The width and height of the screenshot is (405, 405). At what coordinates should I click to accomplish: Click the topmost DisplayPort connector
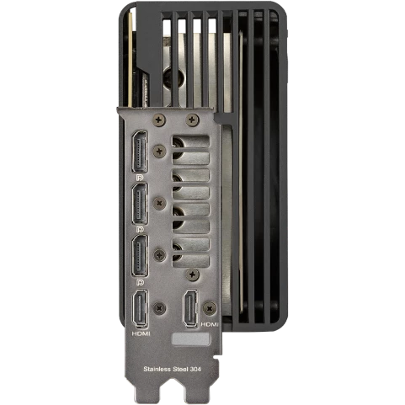pyautogui.click(x=140, y=152)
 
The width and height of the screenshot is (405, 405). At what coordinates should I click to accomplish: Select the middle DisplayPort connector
pyautogui.click(x=140, y=204)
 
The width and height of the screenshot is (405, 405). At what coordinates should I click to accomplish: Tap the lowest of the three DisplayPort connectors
pyautogui.click(x=140, y=256)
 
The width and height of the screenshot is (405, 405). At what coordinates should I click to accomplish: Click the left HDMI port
pyautogui.click(x=140, y=309)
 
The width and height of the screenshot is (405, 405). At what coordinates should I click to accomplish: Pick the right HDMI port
pyautogui.click(x=190, y=308)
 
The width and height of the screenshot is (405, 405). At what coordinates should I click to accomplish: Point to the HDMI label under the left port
pyautogui.click(x=141, y=333)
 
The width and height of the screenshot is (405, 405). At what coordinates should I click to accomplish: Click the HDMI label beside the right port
pyautogui.click(x=210, y=324)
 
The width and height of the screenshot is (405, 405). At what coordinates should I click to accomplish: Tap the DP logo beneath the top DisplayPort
pyautogui.click(x=140, y=178)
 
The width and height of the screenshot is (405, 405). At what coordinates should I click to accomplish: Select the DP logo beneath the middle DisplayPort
pyautogui.click(x=140, y=230)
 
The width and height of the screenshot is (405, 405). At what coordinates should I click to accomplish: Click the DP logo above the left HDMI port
pyautogui.click(x=140, y=282)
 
